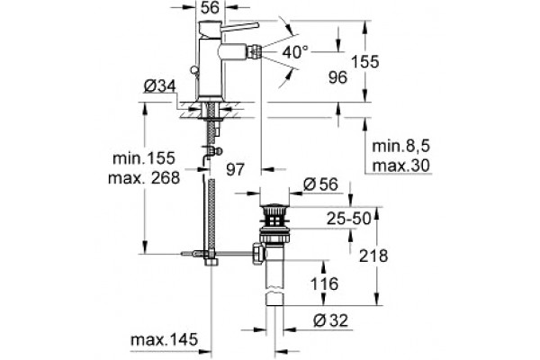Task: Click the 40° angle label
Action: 295,52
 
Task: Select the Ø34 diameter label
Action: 160,86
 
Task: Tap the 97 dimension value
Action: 235,169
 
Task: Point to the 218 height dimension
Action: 373,256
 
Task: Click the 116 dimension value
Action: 324,284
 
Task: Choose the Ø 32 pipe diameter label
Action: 331,320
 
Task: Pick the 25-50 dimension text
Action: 349,219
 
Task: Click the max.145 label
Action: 165,339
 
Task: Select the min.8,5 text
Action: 401,147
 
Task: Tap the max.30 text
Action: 401,166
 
